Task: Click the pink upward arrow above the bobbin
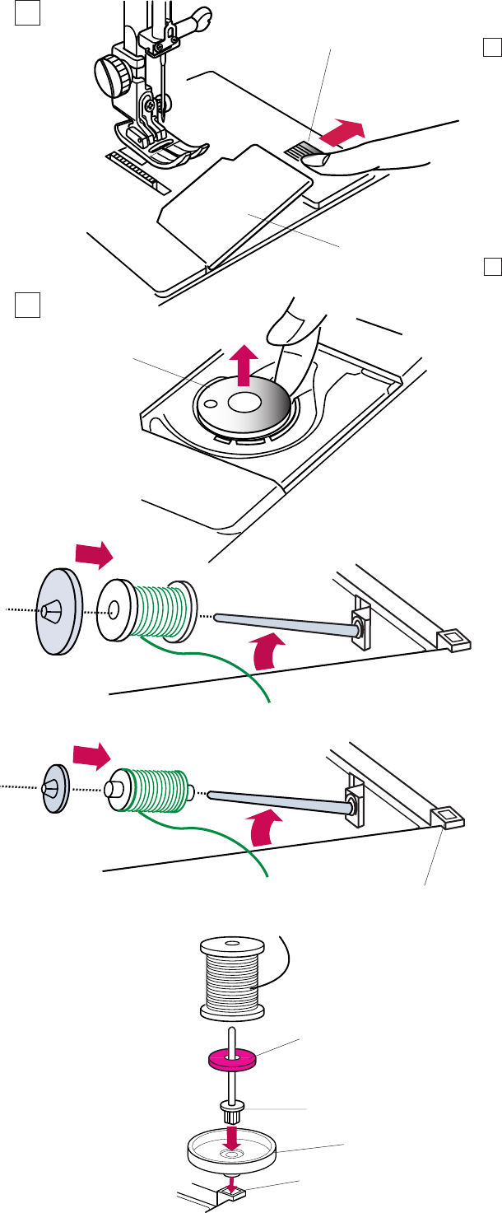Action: pos(243,365)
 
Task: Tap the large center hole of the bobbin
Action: pos(243,403)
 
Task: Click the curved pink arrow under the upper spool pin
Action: pos(272,654)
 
